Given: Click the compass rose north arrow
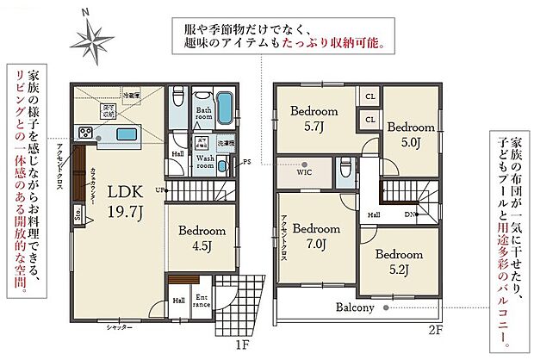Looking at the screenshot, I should (90, 36).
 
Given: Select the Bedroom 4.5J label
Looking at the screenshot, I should (202, 238).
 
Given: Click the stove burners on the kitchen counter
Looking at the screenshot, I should (86, 133).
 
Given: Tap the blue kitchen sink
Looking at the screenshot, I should (125, 133).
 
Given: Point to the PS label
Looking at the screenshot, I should (246, 162).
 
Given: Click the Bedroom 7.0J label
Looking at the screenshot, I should (316, 235).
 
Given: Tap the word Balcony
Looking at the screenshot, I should (355, 307).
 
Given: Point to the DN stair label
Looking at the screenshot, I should (411, 215).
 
